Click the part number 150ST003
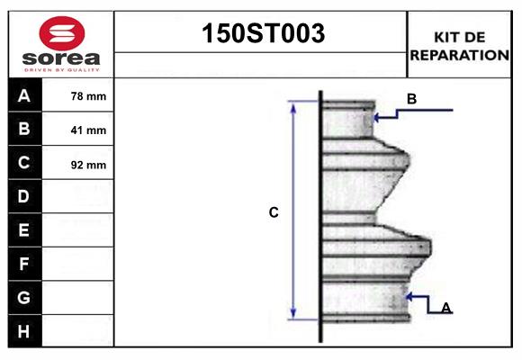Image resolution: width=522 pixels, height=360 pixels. [x=261, y=35]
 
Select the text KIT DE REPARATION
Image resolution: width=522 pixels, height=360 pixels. [x=459, y=46]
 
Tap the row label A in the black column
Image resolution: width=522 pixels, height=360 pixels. [x=24, y=96]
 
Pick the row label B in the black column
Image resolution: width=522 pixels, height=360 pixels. [x=24, y=130]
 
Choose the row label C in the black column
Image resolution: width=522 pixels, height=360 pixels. [x=24, y=164]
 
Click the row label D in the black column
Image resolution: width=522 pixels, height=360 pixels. [x=24, y=197]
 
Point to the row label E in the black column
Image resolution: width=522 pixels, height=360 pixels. [x=24, y=231]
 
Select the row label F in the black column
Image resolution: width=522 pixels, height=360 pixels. [x=24, y=265]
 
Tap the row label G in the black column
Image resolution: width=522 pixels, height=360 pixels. [x=24, y=298]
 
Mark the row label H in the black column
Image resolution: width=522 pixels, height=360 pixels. [x=24, y=331]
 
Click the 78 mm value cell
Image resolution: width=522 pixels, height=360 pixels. [x=88, y=96]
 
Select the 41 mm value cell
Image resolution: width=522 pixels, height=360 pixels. [x=88, y=130]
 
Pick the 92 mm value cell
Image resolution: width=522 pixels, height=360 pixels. [x=88, y=165]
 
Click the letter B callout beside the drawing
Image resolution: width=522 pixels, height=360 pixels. [x=411, y=99]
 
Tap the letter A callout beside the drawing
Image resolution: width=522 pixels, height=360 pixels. [x=446, y=308]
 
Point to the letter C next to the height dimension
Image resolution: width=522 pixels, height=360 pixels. [x=274, y=213]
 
